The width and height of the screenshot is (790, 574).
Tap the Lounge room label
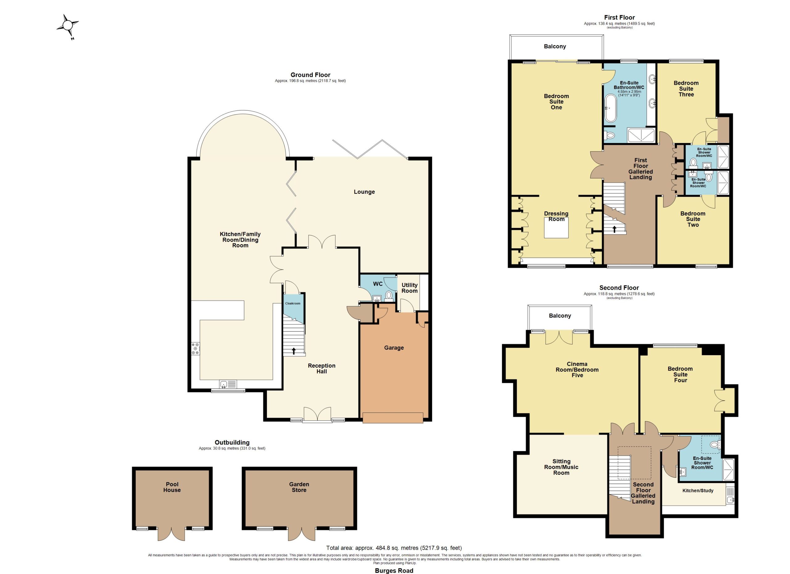point(364,192)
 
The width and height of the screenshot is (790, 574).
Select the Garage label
point(394,347)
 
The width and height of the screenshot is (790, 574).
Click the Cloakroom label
point(293,303)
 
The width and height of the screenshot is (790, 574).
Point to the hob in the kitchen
point(195,349)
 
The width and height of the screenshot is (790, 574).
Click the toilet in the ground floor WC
point(389,296)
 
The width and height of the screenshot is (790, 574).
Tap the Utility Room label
point(410,288)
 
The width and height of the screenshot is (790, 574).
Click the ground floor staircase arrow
point(294,351)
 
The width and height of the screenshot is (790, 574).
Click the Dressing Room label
point(556,216)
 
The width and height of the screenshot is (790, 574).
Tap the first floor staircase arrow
point(614,229)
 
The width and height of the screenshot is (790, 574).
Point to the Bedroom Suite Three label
point(686,89)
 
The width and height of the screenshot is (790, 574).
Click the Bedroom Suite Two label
point(693,219)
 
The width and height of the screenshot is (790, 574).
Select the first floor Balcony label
point(555,47)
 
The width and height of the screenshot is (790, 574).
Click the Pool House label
point(172,487)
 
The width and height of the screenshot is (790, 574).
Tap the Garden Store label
point(299,487)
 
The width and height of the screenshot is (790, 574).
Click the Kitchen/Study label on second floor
point(698,490)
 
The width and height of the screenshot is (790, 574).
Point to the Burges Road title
point(394,571)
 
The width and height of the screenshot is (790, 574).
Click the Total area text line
point(394,548)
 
